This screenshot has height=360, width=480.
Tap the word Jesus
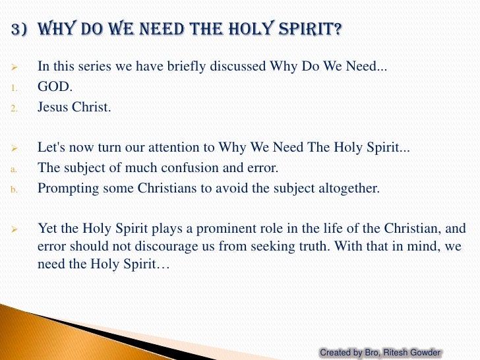53,107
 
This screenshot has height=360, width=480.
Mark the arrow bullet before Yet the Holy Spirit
16,229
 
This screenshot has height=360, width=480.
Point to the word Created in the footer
336,353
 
